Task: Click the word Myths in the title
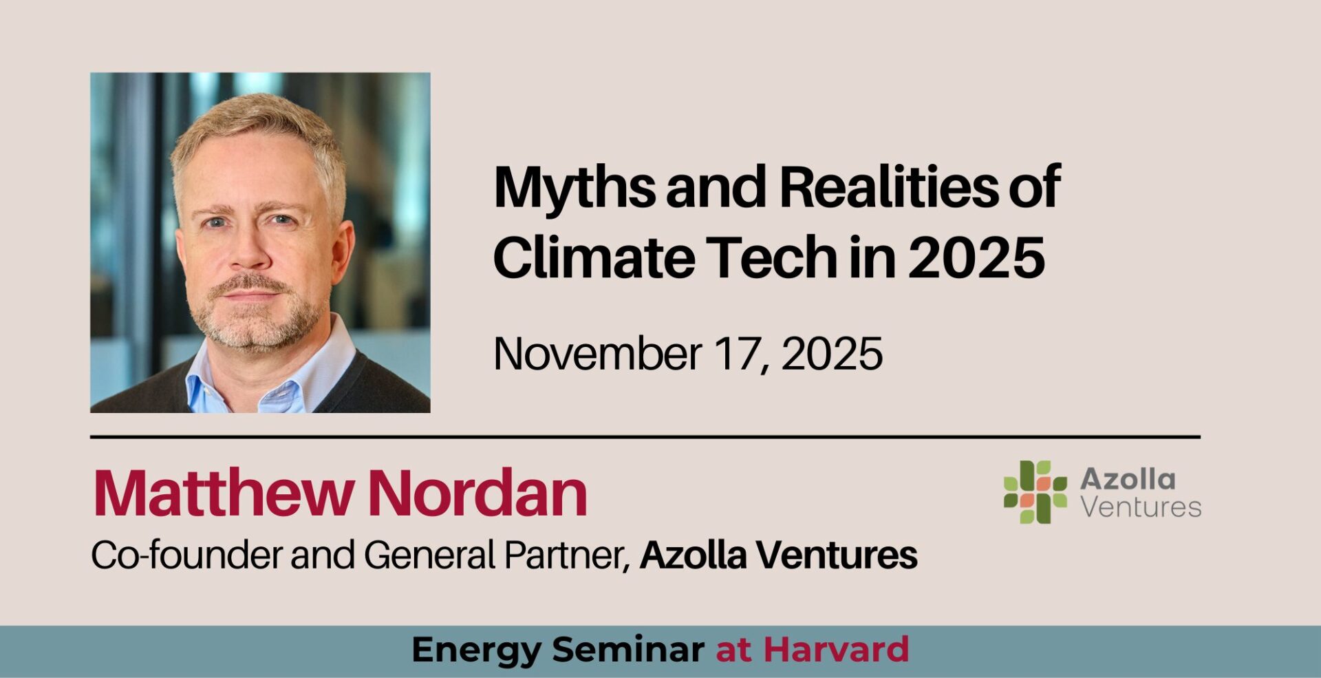(x=574, y=188)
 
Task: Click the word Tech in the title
(x=772, y=257)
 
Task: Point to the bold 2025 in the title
(x=976, y=257)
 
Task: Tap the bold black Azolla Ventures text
(x=778, y=555)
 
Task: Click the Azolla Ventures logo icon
(x=1035, y=492)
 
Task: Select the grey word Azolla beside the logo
(x=1128, y=479)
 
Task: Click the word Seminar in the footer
(x=627, y=650)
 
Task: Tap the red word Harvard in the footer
(x=836, y=650)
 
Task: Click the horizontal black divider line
(x=645, y=436)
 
